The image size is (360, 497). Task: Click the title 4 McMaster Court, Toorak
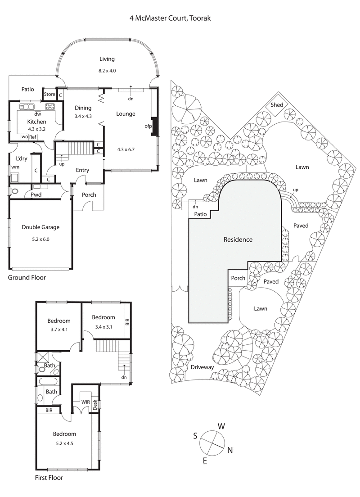[x=170, y=18]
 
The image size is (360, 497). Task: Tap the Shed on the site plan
[x=277, y=105]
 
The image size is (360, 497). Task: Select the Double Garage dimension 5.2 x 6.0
[x=41, y=239]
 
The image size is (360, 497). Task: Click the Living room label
[x=107, y=59]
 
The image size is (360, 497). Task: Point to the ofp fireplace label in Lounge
[x=148, y=127]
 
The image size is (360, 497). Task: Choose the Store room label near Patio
[x=49, y=95]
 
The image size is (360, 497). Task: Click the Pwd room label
[x=36, y=194]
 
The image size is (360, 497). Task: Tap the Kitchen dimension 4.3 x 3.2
[x=36, y=129]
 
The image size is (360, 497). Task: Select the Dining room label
[x=83, y=108]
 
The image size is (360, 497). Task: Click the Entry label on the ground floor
[x=82, y=170]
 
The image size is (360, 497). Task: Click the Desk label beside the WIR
[x=95, y=405]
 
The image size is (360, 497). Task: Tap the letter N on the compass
[x=230, y=450]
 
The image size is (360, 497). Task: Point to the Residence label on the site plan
[x=238, y=239]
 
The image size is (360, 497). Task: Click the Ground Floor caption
[x=27, y=278]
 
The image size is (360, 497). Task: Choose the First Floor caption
[x=49, y=478]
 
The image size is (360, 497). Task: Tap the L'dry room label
[x=22, y=159]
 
